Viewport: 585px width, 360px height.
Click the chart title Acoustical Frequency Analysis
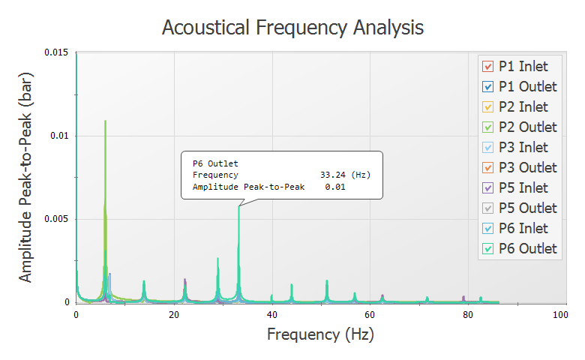[x=292, y=28]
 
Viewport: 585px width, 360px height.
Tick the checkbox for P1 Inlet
[x=487, y=67]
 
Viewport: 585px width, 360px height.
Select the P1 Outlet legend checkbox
[x=487, y=87]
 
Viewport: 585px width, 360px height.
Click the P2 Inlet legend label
[x=523, y=107]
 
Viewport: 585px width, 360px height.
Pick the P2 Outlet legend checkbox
[x=487, y=127]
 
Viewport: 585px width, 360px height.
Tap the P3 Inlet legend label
[x=523, y=148]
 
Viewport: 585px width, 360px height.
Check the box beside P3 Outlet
[x=487, y=168]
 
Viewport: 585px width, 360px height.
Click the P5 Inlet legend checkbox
[x=487, y=188]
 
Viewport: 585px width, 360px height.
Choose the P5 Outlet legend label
[x=527, y=208]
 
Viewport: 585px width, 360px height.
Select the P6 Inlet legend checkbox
[x=487, y=229]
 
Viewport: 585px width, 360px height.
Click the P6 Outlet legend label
[x=527, y=249]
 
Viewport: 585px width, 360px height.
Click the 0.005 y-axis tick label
[x=58, y=219]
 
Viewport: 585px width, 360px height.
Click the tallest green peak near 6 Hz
[x=105, y=121]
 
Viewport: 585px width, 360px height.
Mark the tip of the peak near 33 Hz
[x=238, y=207]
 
